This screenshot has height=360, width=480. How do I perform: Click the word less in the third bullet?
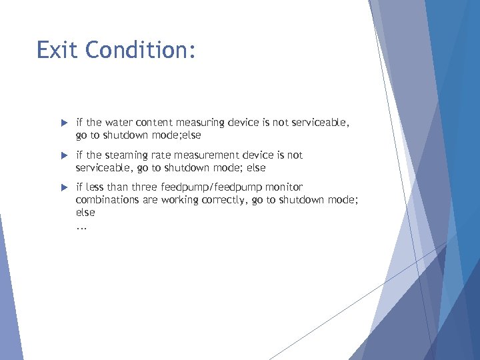[x=95, y=187]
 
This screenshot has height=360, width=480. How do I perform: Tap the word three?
[x=145, y=187]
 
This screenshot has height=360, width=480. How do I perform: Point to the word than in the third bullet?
[x=119, y=187]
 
